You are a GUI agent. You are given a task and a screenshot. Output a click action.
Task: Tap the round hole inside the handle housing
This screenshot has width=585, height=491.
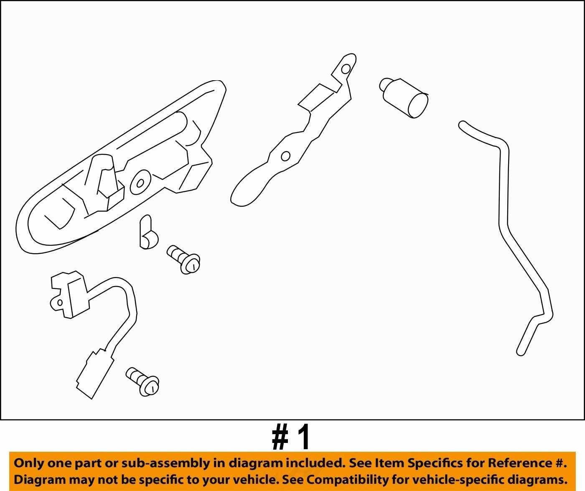click(141, 183)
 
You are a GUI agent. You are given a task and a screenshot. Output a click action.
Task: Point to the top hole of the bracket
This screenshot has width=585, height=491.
click(346, 69)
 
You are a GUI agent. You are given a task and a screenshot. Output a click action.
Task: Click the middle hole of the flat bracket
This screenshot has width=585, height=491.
click(285, 156)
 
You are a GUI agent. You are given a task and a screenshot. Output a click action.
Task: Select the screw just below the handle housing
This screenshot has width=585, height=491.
click(183, 259)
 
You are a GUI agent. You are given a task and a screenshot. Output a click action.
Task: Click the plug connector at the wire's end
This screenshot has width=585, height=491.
click(94, 374)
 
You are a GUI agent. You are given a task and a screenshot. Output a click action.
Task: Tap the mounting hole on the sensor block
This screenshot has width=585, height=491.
click(60, 303)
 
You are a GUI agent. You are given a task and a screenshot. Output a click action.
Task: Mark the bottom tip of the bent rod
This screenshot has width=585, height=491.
click(520, 353)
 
